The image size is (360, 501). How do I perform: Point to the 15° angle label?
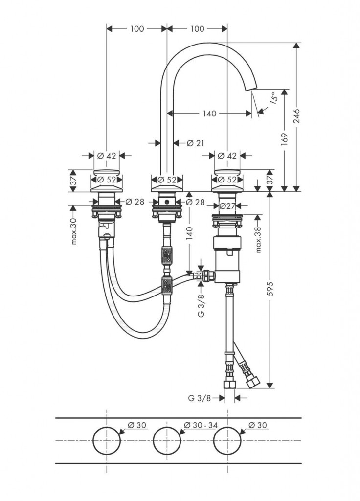click(x=272, y=98)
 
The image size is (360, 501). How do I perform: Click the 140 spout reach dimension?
click(x=209, y=114)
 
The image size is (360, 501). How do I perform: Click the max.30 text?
click(x=74, y=231)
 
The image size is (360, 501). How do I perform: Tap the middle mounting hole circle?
click(x=167, y=441)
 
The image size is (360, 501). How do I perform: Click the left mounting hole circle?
click(x=106, y=441)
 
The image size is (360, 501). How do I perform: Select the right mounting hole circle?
click(x=227, y=441)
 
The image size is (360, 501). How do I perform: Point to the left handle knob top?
click(x=106, y=172)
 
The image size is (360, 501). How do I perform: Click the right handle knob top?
click(x=227, y=172)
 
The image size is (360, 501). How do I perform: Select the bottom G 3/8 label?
click(x=200, y=398)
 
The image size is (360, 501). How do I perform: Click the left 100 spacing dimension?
click(x=137, y=29)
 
